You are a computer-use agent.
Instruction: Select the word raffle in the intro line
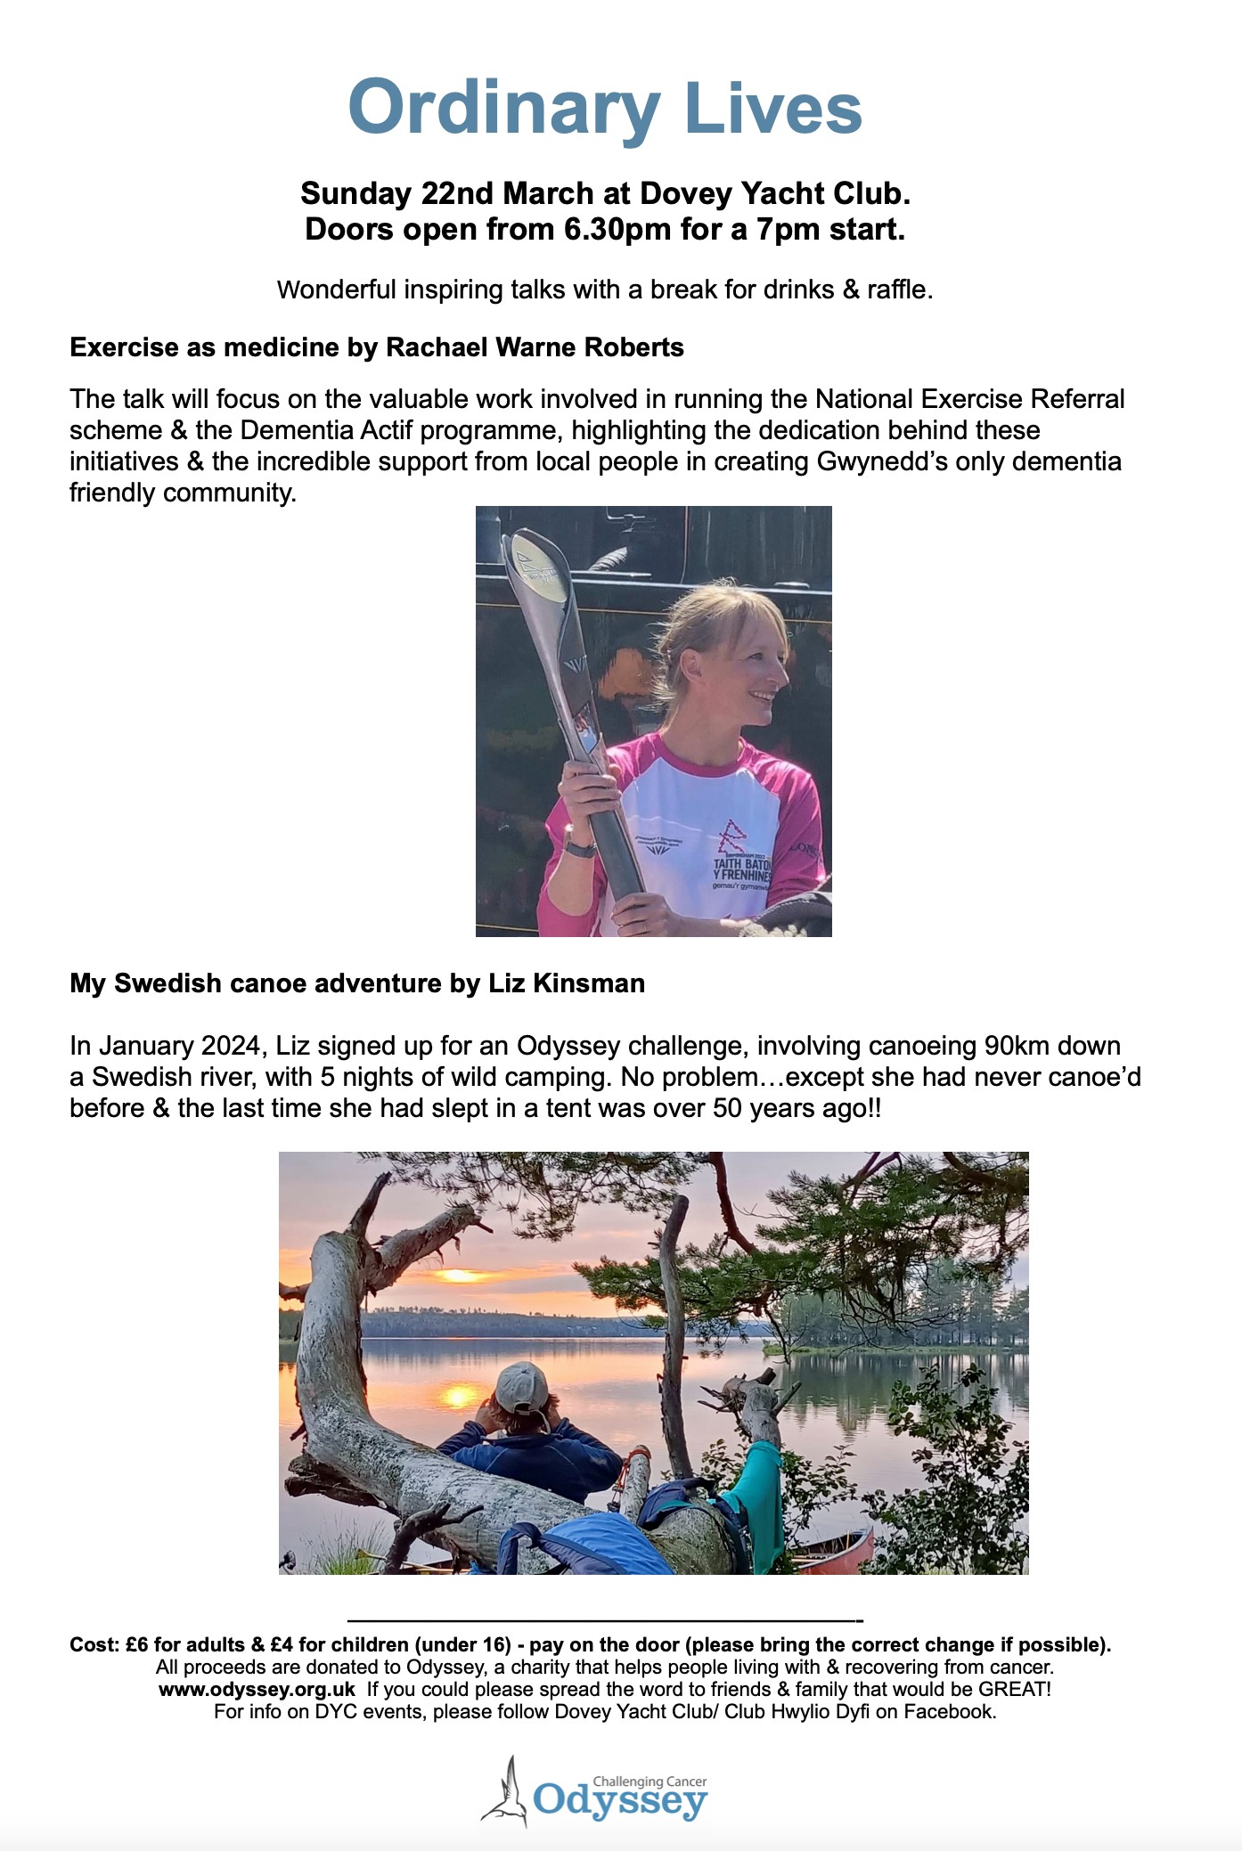click(x=897, y=289)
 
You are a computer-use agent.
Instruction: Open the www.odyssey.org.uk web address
click(x=257, y=1689)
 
